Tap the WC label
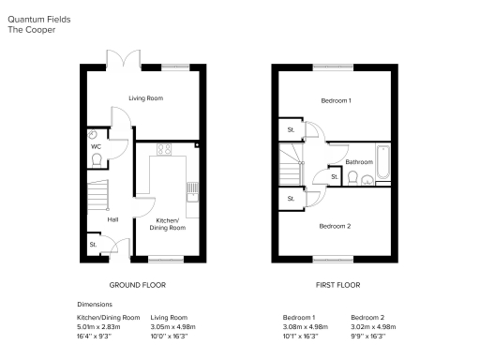coord(96,147)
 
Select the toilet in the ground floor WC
coord(97,160)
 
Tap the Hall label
coord(112,219)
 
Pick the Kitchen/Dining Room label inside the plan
coord(170,224)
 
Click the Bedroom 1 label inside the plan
coord(336,100)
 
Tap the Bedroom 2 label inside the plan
coord(335,226)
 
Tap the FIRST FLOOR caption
coord(335,282)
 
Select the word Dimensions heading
coord(95,305)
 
